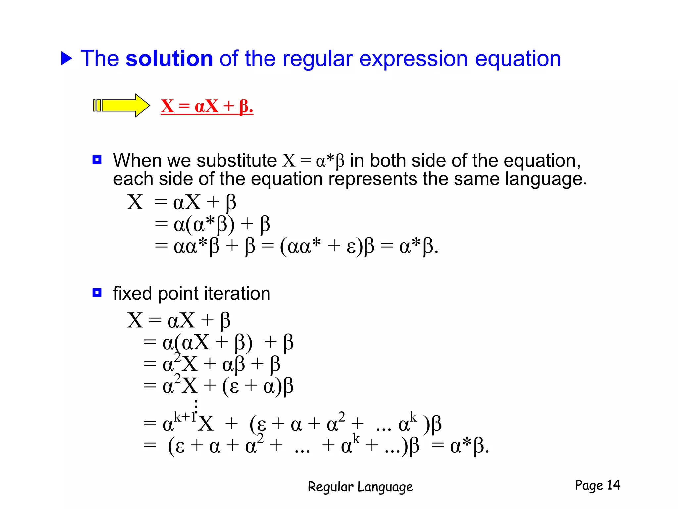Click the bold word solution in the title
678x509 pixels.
click(x=169, y=59)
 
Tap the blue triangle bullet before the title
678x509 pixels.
click(x=66, y=58)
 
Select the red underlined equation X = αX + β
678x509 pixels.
click(x=207, y=106)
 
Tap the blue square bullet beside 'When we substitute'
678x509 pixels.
click(x=97, y=160)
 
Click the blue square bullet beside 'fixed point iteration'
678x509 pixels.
click(x=97, y=293)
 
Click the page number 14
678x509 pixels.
click(x=613, y=485)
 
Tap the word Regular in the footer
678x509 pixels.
click(x=330, y=487)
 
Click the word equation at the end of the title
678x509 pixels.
click(x=518, y=59)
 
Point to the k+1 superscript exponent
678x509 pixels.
click(x=185, y=416)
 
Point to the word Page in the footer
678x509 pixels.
click(x=589, y=485)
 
